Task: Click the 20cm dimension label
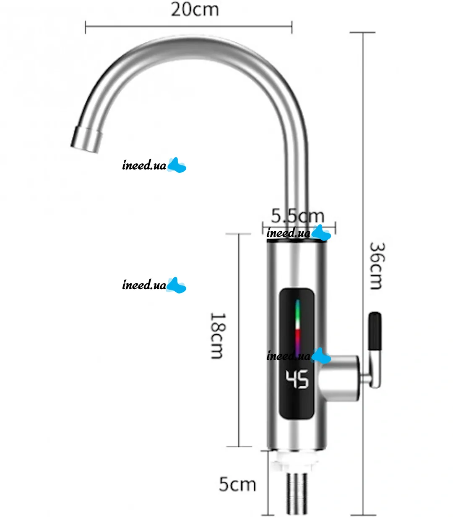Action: (195, 10)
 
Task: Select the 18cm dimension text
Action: (217, 336)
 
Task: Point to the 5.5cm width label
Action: (297, 216)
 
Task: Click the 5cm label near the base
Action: (237, 484)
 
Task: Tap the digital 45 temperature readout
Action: (297, 379)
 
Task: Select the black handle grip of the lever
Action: (375, 331)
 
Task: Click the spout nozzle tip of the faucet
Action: (87, 140)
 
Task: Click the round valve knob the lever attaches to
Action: (339, 378)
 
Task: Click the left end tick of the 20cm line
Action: (86, 27)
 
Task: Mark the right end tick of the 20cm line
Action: (292, 27)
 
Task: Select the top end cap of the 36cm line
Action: (362, 32)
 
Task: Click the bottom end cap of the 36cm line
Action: (363, 515)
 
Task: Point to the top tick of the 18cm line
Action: (238, 234)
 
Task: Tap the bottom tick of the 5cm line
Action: (268, 515)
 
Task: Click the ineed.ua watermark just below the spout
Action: (154, 165)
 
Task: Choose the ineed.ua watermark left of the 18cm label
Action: (154, 285)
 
